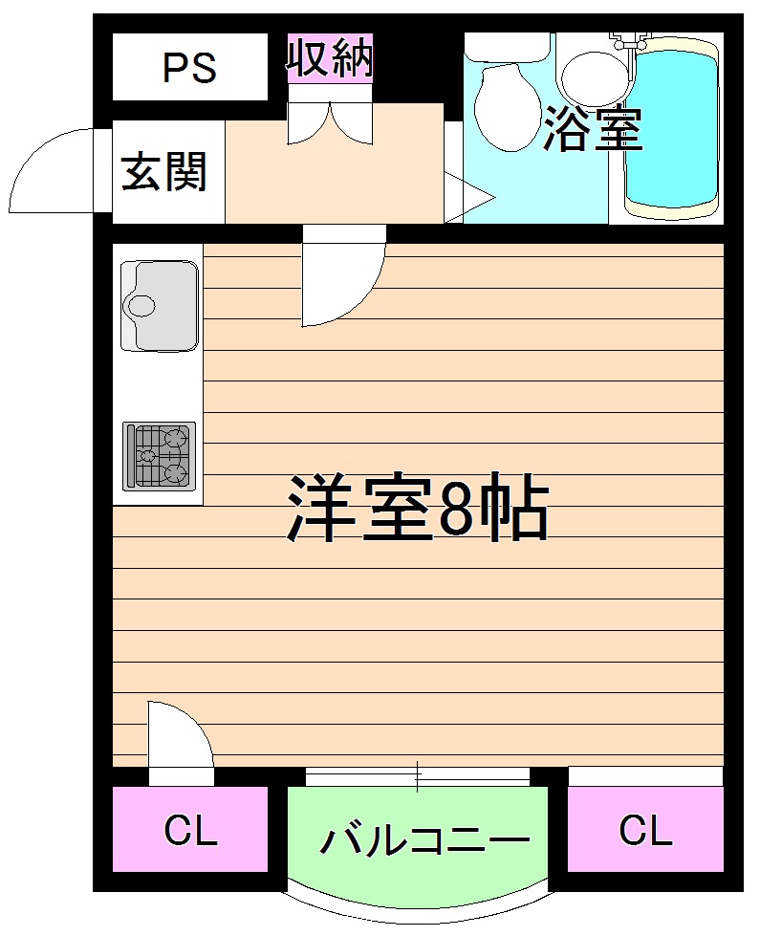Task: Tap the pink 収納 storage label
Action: click(x=330, y=59)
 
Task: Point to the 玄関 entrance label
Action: click(x=164, y=173)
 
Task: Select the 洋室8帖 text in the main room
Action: click(x=418, y=510)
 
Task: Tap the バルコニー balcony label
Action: click(x=423, y=840)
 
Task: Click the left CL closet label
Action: click(x=190, y=830)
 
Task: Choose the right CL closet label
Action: click(x=645, y=830)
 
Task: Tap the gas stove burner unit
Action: click(x=160, y=455)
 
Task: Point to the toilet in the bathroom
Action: click(x=506, y=105)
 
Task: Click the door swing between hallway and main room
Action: click(x=340, y=277)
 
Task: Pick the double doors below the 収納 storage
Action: click(x=331, y=122)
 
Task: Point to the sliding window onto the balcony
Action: click(x=417, y=775)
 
